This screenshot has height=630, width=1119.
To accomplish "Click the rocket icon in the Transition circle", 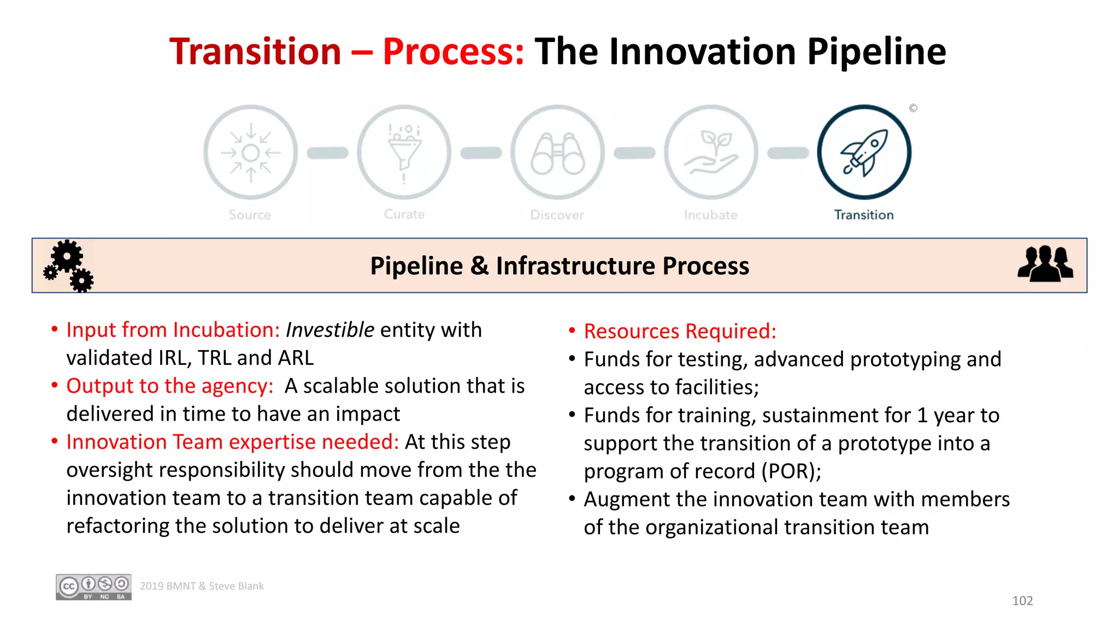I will [x=864, y=153].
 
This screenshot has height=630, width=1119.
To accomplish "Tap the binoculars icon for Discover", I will [x=557, y=153].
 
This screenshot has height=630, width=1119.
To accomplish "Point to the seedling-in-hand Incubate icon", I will [x=711, y=153].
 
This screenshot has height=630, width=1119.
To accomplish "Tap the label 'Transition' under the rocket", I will [x=864, y=215].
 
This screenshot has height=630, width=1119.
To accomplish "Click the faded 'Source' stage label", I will [x=250, y=215].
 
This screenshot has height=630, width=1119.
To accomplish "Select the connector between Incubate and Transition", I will [x=788, y=153].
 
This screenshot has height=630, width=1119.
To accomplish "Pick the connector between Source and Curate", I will [x=327, y=153].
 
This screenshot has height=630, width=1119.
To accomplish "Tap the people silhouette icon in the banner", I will [x=1045, y=264].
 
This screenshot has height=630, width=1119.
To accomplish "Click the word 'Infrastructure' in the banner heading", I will [x=575, y=266].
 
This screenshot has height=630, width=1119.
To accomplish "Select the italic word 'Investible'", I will [x=330, y=330].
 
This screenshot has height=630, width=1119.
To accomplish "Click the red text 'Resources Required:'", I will [x=680, y=331].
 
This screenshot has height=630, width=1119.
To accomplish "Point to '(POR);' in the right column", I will [x=791, y=471].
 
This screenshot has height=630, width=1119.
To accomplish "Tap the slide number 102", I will [x=1022, y=600].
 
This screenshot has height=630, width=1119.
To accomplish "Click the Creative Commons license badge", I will [x=93, y=587].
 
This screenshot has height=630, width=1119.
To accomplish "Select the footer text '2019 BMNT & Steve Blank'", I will [x=202, y=586].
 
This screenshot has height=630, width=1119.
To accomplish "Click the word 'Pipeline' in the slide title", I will [x=876, y=52].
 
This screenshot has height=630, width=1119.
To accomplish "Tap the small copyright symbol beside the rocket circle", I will [x=913, y=108].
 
